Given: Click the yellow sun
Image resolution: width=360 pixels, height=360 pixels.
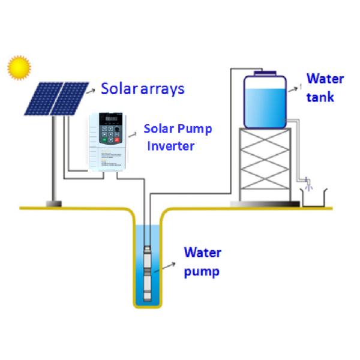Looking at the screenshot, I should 19,67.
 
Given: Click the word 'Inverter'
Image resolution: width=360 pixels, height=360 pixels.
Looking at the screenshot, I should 171,145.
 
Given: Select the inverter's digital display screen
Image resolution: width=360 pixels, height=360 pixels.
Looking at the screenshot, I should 112,119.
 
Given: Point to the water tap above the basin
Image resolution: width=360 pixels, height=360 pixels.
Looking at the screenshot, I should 307,182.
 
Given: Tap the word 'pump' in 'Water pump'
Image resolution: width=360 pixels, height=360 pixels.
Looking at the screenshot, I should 201,271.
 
